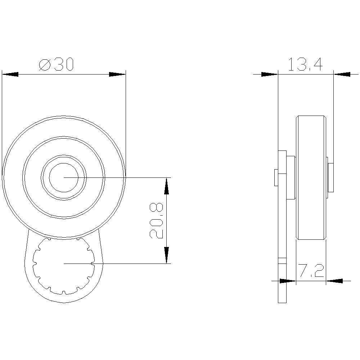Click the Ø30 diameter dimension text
56,64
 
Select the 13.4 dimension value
305,65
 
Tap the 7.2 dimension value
311,271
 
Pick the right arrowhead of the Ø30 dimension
117,74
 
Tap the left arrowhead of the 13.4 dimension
269,75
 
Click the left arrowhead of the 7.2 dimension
287,280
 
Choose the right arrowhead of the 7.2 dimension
334,280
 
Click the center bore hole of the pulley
64,177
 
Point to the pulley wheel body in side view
311,177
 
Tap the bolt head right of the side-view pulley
330,177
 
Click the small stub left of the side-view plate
276,177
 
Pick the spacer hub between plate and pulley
291,177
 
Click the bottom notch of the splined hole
64,292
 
